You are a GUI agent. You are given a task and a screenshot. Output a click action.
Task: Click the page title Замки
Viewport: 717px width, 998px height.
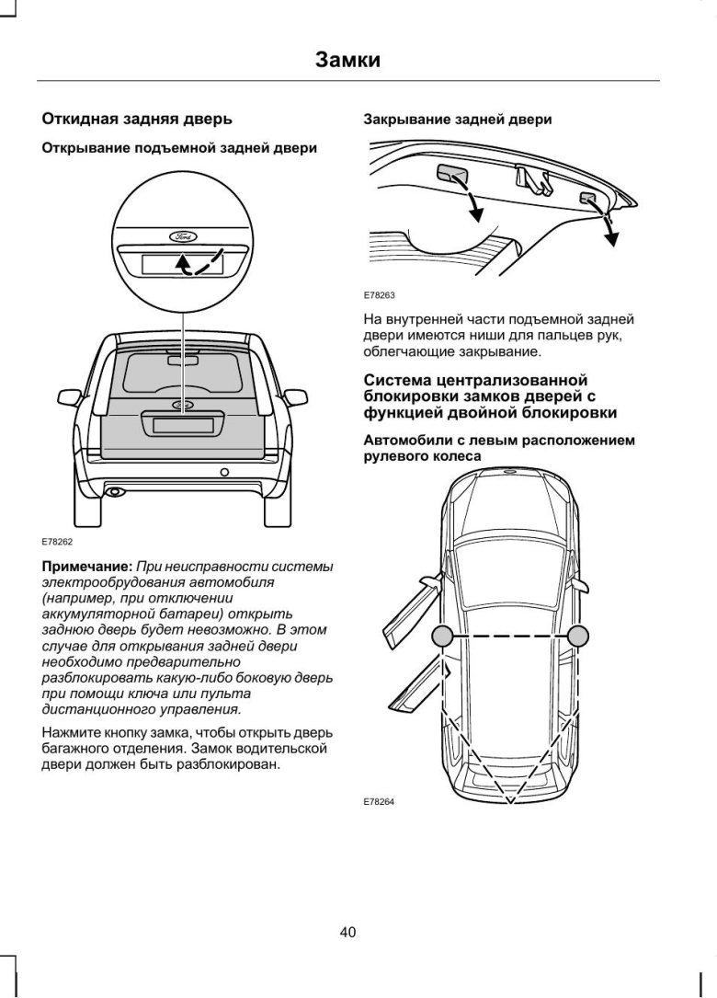click(347, 61)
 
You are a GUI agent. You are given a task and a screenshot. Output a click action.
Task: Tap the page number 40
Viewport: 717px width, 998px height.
click(347, 932)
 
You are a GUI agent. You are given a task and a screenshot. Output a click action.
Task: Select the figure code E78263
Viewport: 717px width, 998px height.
click(379, 296)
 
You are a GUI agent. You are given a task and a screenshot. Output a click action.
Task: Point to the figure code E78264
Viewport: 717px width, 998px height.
click(379, 801)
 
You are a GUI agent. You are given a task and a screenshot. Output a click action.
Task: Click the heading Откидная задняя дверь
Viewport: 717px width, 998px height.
click(137, 119)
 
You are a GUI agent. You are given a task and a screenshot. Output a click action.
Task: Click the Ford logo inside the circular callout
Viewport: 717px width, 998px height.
click(182, 237)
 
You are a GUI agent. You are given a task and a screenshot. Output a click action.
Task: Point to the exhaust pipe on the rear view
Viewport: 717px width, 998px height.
click(115, 492)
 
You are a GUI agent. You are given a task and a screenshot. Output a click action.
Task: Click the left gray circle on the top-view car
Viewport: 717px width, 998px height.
click(442, 636)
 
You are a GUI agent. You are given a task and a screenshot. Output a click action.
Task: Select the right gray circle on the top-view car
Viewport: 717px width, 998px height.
click(577, 636)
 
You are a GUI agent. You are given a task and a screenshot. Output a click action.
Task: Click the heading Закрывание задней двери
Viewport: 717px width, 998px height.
click(458, 120)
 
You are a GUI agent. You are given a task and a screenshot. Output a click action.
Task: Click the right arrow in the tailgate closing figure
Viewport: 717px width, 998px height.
click(608, 226)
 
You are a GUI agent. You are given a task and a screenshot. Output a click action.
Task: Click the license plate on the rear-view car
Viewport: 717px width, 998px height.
click(182, 425)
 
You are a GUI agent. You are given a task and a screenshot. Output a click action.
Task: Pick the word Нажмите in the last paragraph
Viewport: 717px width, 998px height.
click(73, 733)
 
